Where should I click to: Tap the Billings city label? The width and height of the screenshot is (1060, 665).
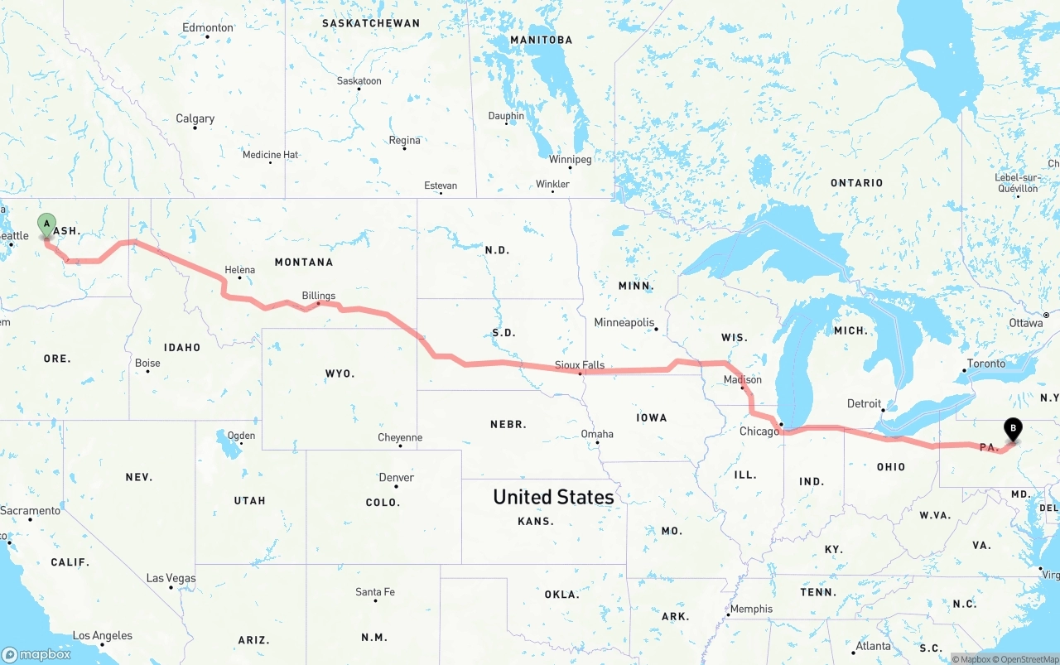click(319, 296)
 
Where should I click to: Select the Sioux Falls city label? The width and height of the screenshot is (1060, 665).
click(580, 365)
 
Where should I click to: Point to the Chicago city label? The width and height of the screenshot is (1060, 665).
click(759, 431)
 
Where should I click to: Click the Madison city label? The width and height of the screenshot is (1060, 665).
click(742, 380)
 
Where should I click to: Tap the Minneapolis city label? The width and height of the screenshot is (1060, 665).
click(624, 322)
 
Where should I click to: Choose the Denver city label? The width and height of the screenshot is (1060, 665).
click(396, 478)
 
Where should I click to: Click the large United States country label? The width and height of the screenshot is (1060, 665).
click(553, 497)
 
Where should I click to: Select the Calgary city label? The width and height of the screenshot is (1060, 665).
click(195, 119)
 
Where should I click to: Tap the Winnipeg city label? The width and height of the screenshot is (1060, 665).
click(570, 159)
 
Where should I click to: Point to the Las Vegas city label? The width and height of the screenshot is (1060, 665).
click(171, 578)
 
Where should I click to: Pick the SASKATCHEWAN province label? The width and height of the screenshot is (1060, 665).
click(370, 23)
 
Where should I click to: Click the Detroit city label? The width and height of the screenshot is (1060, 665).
click(864, 404)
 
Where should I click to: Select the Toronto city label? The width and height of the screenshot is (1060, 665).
click(985, 364)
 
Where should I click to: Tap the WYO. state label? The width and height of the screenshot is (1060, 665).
click(340, 373)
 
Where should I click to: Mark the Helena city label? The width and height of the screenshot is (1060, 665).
click(240, 270)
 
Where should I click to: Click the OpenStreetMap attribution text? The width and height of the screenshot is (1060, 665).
click(1028, 659)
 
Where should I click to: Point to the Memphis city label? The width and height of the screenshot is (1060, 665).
click(751, 609)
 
